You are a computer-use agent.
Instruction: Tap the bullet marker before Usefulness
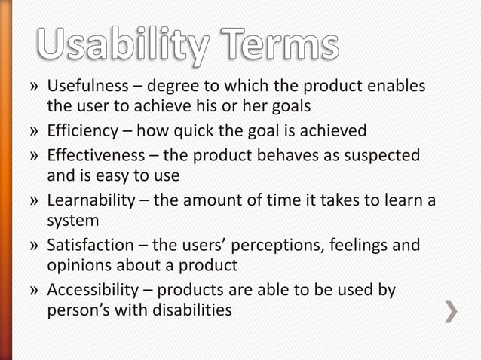(35, 86)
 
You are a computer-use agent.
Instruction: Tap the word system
(73, 221)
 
